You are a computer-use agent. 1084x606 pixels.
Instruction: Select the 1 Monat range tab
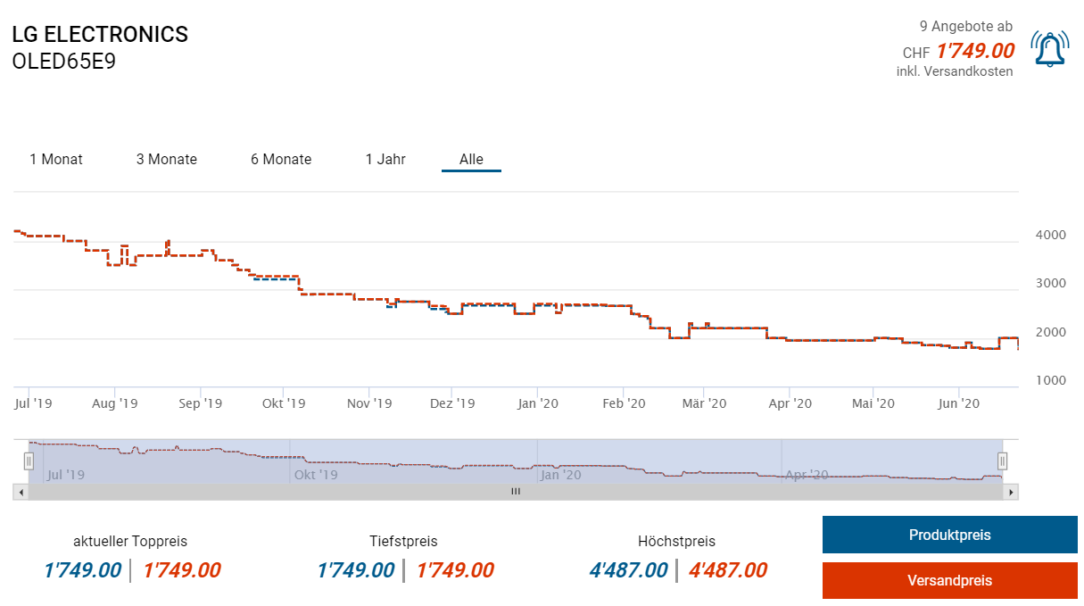click(56, 160)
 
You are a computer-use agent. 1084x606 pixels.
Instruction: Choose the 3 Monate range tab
click(167, 160)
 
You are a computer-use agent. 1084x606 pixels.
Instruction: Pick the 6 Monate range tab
click(281, 160)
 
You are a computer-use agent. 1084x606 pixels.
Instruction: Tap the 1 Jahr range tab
click(385, 160)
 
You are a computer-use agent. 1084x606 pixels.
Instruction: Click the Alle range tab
click(471, 160)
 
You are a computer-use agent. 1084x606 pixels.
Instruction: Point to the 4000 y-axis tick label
click(1049, 236)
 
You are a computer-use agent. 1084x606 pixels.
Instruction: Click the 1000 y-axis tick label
click(1049, 381)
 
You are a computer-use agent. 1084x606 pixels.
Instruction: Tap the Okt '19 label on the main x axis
click(285, 403)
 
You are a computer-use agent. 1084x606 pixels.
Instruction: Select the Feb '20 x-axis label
click(624, 403)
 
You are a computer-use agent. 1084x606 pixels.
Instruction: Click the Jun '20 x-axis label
click(959, 403)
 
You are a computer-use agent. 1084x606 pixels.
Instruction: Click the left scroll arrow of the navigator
click(20, 492)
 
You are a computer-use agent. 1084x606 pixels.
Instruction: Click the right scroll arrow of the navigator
click(1012, 492)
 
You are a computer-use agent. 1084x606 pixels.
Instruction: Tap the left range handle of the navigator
click(29, 461)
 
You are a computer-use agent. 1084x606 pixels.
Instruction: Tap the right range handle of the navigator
click(1002, 461)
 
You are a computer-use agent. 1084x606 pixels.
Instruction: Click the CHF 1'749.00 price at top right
click(975, 51)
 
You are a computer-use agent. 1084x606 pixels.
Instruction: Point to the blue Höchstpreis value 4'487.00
click(628, 570)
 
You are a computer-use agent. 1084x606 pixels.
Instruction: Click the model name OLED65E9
click(64, 62)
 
